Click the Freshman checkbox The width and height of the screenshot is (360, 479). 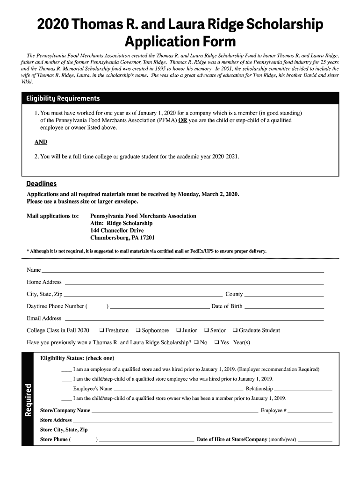click(x=101, y=330)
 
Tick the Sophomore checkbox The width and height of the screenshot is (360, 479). click(x=138, y=330)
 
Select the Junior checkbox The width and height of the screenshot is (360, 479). click(x=178, y=330)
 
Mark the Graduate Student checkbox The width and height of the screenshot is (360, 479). click(x=235, y=330)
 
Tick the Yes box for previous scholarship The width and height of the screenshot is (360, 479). click(x=216, y=342)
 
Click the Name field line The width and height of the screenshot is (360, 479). click(x=182, y=271)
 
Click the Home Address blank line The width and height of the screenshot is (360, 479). click(x=194, y=283)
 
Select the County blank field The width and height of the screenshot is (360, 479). click(x=284, y=295)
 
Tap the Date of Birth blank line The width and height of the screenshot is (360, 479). click(x=284, y=307)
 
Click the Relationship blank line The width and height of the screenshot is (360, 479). click(x=303, y=390)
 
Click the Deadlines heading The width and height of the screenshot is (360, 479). click(x=42, y=184)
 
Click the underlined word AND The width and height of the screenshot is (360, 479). click(x=41, y=142)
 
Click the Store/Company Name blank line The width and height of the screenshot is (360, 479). click(x=175, y=412)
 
